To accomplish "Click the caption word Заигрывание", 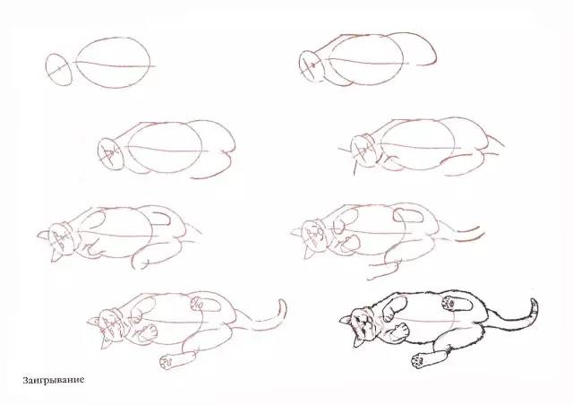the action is click(54, 380).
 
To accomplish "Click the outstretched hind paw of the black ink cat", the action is click(419, 359).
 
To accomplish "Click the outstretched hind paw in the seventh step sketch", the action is click(167, 361).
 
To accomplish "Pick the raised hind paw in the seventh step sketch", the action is click(197, 304).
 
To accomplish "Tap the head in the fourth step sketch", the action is click(363, 150).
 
